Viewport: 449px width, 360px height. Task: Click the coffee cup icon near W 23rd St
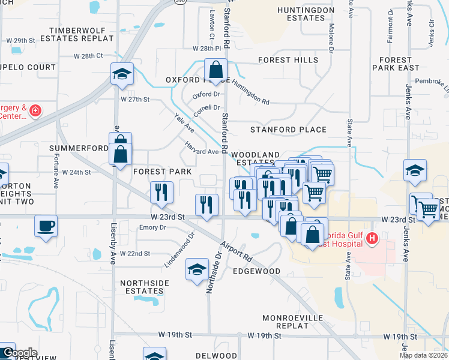[46, 226]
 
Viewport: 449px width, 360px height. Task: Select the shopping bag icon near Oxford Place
[215, 70]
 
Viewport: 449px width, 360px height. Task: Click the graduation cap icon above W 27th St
[122, 74]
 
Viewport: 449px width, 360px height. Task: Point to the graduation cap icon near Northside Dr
[196, 269]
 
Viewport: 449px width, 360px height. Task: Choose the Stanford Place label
[288, 130]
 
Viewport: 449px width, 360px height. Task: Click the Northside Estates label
[142, 287]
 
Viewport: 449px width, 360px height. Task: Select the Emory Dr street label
[152, 227]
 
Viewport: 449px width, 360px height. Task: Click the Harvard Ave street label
[202, 148]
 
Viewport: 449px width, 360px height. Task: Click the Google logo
[19, 353]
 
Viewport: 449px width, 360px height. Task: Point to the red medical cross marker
[35, 111]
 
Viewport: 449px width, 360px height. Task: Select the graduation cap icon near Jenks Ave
[415, 170]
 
